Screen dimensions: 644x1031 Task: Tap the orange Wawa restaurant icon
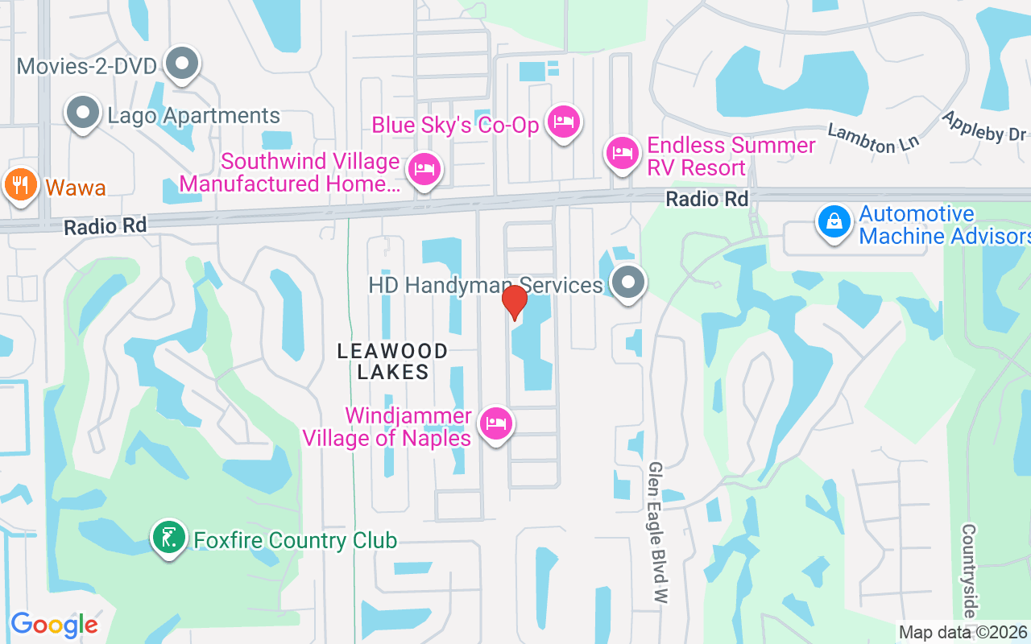pos(19,185)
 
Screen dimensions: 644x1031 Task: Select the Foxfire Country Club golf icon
pos(168,538)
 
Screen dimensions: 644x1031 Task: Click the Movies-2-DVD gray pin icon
pos(182,64)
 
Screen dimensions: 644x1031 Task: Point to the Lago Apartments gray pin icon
pos(83,114)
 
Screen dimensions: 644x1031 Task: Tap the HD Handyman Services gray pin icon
pos(627,283)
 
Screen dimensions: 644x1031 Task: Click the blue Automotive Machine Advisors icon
pos(834,221)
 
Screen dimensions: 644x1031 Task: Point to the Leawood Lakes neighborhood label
pos(392,361)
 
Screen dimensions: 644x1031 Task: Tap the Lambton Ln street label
pos(873,138)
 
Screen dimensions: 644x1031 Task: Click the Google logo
pos(54,625)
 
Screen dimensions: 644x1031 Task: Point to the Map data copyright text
pos(963,633)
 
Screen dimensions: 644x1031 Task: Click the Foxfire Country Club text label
pos(295,540)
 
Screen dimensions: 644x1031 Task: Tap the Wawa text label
pos(76,188)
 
